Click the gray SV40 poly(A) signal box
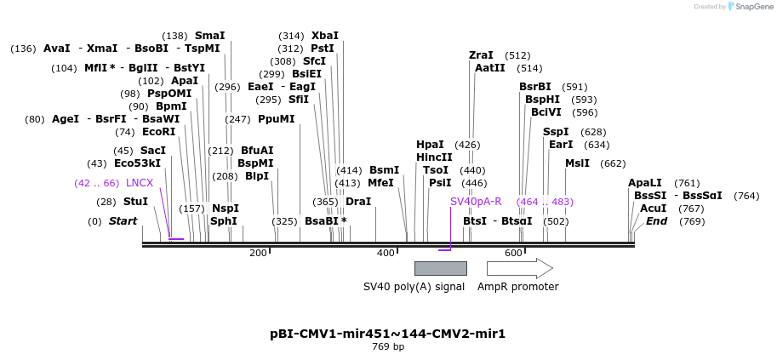440,268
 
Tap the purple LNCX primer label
140,183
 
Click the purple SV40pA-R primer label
476,202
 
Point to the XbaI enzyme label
324,36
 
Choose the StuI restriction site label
135,202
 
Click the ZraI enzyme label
481,55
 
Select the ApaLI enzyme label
644,183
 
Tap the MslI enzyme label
577,163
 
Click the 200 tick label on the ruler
258,253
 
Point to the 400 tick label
386,253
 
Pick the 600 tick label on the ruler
513,253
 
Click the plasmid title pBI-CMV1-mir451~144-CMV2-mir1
387,334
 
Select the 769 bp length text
388,346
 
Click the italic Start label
123,221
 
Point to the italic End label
656,221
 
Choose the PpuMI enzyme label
276,119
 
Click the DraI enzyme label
358,202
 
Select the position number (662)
613,163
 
